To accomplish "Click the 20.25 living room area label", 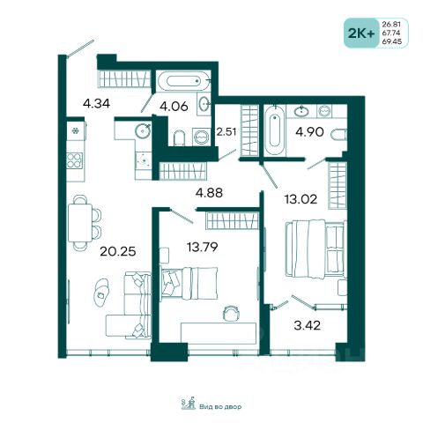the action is point(118,251).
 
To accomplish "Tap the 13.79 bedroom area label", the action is point(203,247).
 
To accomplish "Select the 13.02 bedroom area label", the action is point(301,199).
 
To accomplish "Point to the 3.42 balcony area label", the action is point(307,325).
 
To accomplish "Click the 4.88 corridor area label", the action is point(209,193).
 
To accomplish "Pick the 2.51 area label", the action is point(226,131).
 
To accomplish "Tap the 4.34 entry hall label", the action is point(96,103).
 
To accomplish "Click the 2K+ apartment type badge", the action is point(361,33).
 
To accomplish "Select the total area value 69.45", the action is point(391,41).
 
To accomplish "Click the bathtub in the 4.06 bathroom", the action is point(183,80).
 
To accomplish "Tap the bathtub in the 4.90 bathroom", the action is point(275,130).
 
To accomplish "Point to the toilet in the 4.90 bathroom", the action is point(338,135).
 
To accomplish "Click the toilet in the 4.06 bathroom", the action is point(179,138).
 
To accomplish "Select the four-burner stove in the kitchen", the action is point(74,160).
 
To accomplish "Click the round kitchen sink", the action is point(143,130).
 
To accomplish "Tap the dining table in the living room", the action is point(80,223).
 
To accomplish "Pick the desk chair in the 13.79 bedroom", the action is point(231,313).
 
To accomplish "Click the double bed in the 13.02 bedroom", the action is point(315,249).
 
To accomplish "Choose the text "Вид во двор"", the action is point(220,407).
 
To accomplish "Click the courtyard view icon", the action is point(189,404).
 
